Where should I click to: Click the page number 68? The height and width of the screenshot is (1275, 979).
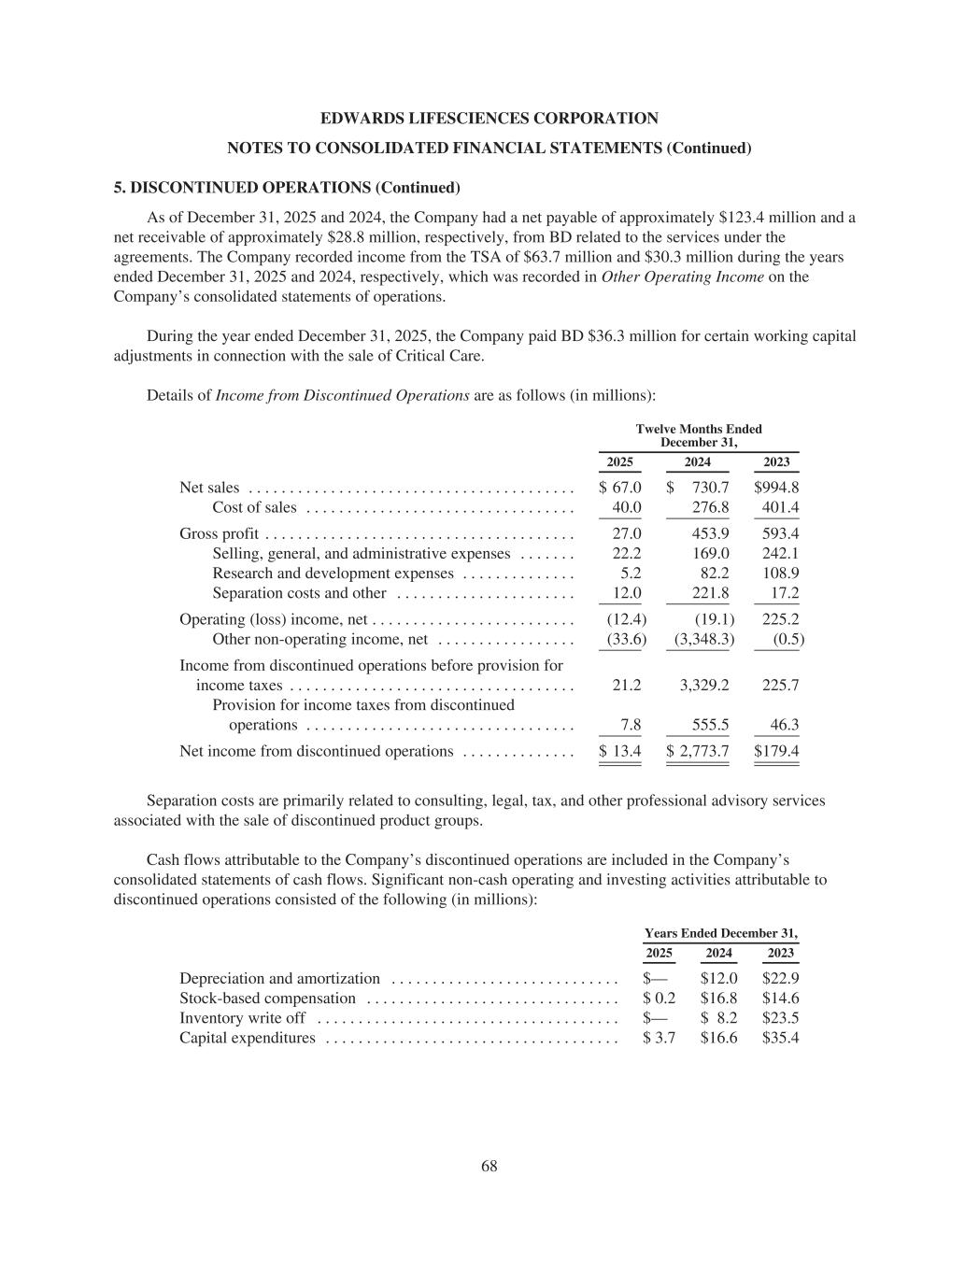(489, 1166)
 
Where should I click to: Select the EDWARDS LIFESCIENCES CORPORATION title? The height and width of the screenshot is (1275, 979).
(489, 119)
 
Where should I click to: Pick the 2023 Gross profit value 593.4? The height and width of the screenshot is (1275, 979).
(780, 533)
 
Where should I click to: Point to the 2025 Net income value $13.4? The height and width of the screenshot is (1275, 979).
(619, 751)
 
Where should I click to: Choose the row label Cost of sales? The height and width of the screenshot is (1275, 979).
(254, 507)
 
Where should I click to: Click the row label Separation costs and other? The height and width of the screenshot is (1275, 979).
(299, 593)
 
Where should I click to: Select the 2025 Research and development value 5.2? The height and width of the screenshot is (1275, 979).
(631, 574)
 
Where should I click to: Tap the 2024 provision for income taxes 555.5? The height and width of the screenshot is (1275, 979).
(710, 725)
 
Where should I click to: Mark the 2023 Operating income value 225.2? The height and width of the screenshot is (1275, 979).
(780, 619)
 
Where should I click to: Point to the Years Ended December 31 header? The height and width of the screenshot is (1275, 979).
(721, 933)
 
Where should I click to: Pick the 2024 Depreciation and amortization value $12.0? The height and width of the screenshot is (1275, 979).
(718, 978)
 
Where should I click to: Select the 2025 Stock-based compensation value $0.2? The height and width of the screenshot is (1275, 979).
(659, 998)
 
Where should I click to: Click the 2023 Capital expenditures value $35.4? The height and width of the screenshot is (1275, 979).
(780, 1038)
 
